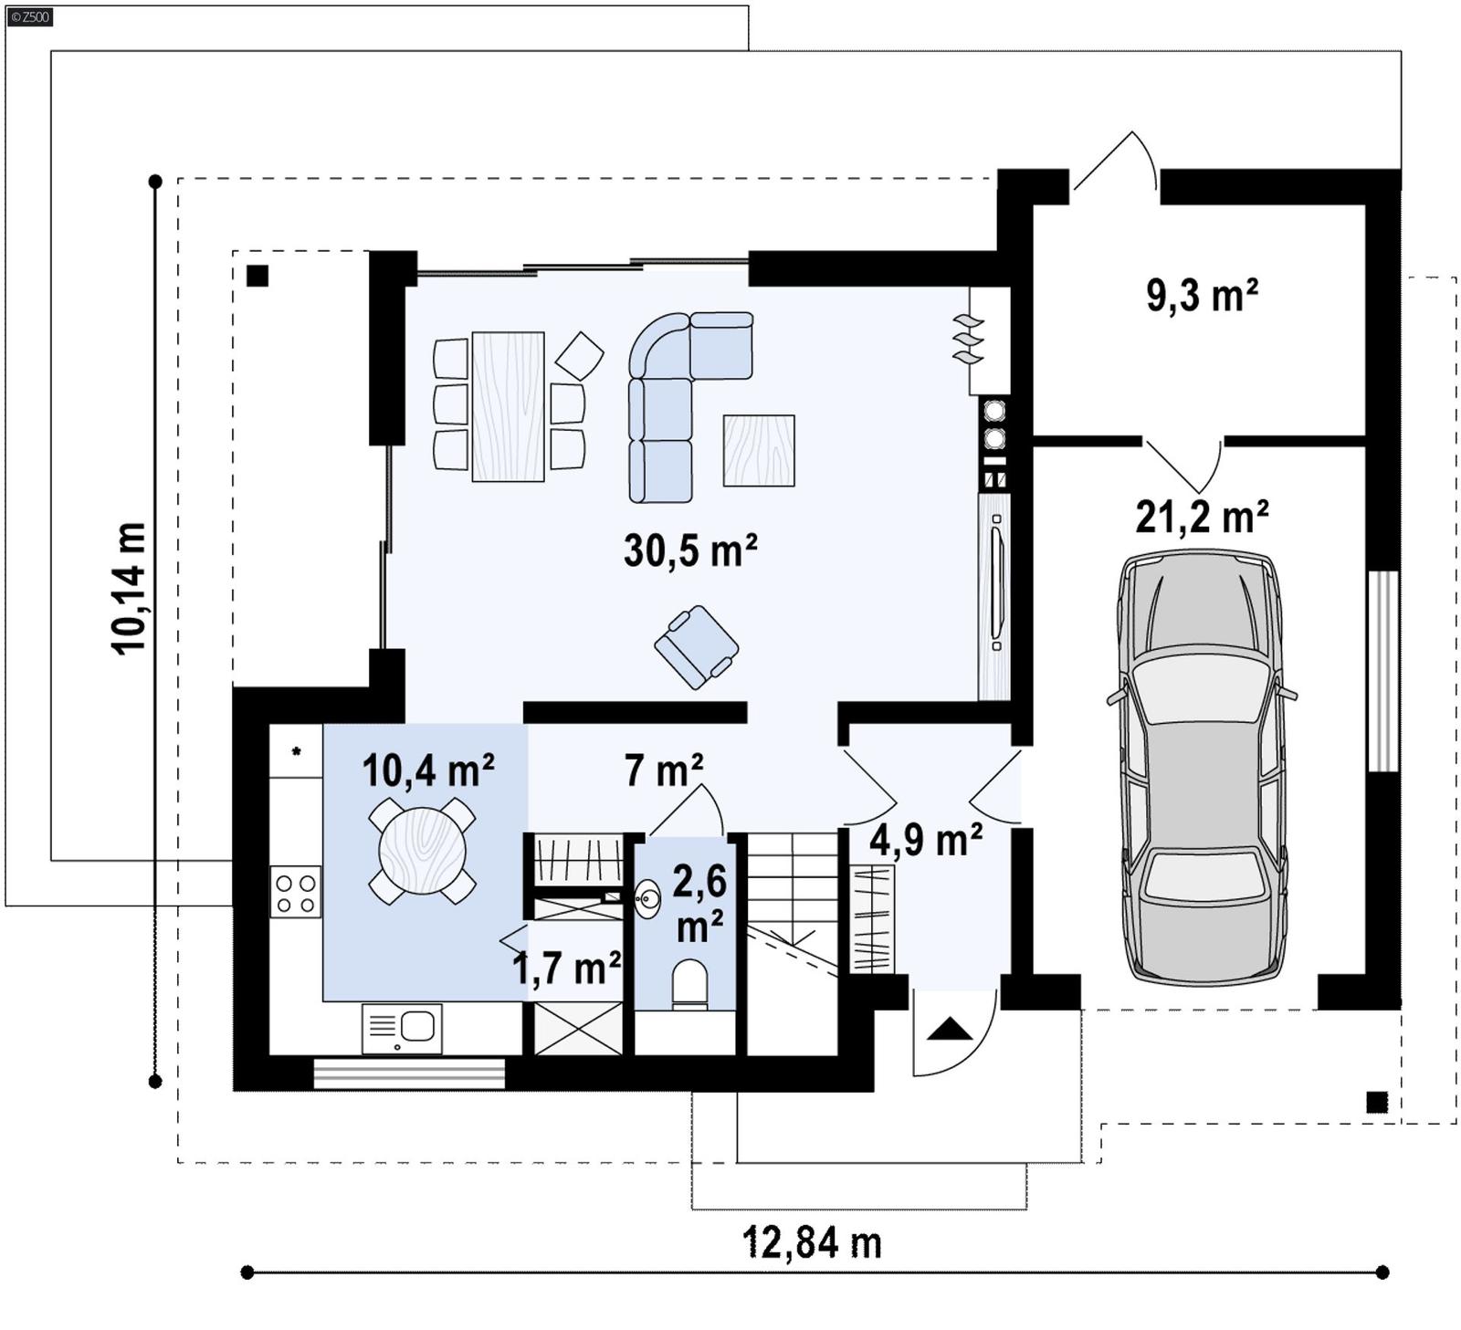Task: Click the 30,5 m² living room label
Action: [689, 551]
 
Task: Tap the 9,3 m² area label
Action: [1202, 296]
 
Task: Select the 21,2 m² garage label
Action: [1202, 518]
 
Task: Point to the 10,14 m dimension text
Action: [130, 588]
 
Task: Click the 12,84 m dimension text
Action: [812, 1243]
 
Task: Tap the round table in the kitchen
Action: [422, 851]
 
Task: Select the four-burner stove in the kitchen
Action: [296, 893]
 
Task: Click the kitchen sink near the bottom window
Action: [402, 1029]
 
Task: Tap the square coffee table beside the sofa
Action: [758, 450]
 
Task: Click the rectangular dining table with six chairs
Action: [508, 406]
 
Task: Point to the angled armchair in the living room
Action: [696, 646]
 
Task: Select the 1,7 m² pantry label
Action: [566, 969]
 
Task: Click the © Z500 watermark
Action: [29, 16]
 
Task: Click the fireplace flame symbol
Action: [968, 340]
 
